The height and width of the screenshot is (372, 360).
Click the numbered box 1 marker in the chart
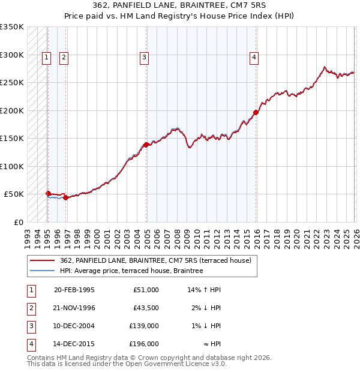(47, 58)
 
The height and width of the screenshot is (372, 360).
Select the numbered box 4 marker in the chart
(254, 58)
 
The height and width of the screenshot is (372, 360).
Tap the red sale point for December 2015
(256, 112)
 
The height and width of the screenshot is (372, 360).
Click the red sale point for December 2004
(146, 144)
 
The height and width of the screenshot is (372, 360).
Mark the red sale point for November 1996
(65, 197)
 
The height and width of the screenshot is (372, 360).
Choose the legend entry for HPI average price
(131, 271)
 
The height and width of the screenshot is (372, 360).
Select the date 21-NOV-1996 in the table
(74, 308)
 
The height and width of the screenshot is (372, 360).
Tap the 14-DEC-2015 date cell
(74, 344)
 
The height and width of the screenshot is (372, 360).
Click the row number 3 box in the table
(31, 326)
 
